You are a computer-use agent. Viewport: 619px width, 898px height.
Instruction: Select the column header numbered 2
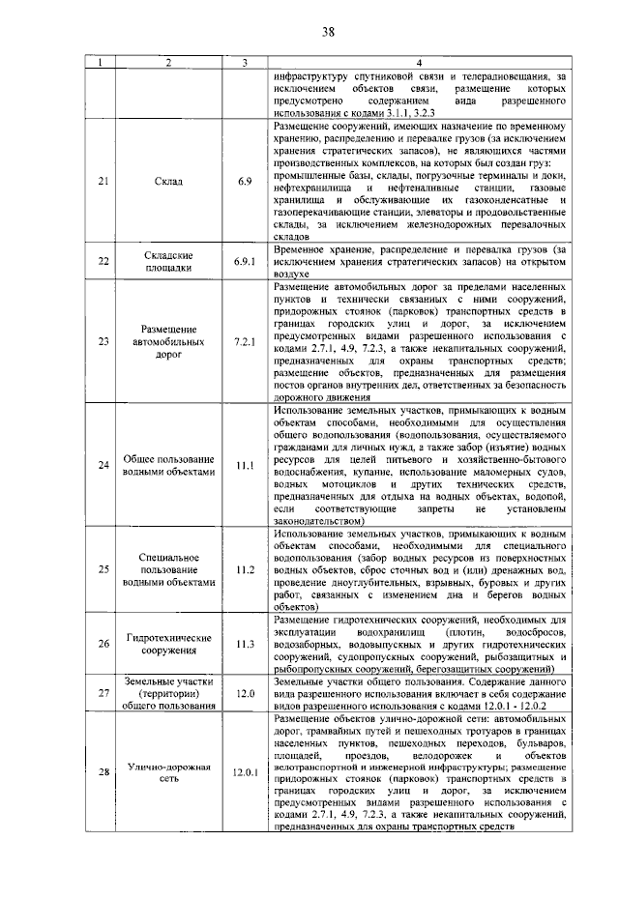pos(169,63)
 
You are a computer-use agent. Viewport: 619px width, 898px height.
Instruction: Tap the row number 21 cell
pos(104,181)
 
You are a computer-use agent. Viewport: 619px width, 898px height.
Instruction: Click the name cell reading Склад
pos(169,181)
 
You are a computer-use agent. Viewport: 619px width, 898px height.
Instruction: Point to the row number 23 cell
pos(104,342)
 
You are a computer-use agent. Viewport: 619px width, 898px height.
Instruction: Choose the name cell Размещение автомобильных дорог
pos(169,342)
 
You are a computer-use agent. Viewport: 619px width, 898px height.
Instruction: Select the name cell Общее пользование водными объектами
pos(169,465)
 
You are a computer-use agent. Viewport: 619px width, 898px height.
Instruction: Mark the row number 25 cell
pos(104,570)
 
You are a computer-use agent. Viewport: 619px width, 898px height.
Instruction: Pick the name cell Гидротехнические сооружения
pos(169,644)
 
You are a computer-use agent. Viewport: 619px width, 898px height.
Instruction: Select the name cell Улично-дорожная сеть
pos(169,772)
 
